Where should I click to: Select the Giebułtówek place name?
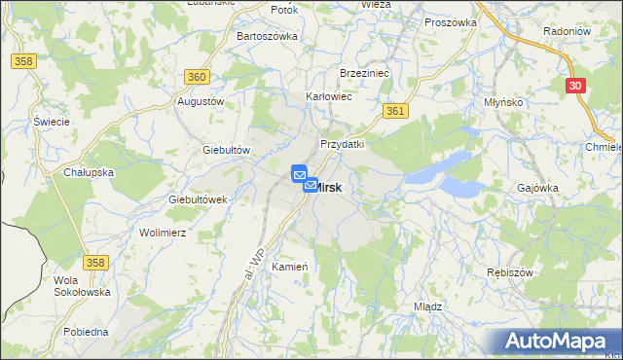pos(198,198)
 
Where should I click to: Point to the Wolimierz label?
pos(163,234)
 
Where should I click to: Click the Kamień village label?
pos(290,267)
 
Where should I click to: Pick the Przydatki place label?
pos(342,143)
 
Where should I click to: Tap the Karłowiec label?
pos(329,97)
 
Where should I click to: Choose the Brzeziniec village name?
pos(364,73)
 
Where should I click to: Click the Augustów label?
pos(202,100)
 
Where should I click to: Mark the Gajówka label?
pos(538,187)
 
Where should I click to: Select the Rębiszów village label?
pos(512,272)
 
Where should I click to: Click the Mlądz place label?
pos(428,306)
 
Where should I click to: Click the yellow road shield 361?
pos(394,112)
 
